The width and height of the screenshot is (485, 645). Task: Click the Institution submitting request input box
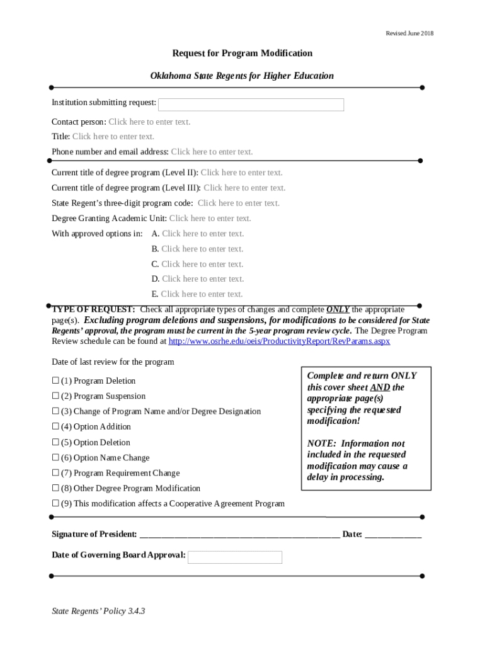251,105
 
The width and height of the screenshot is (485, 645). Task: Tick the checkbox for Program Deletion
55,380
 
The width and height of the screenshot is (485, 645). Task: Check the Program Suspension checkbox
55,396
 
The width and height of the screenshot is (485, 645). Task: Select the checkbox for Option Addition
55,426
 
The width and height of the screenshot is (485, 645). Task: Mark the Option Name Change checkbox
55,458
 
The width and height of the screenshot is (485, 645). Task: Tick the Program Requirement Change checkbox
55,473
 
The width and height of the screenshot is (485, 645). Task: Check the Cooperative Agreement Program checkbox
55,503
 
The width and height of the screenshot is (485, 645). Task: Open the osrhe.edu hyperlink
279,341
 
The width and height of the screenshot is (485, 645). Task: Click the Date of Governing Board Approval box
235,557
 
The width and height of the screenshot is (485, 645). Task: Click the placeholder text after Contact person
149,122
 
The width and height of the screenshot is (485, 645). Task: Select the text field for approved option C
202,264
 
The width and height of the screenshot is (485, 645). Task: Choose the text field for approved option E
202,294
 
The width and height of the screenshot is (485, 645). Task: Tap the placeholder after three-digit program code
238,203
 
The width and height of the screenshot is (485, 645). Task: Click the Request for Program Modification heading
243,54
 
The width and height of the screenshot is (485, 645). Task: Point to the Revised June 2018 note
409,33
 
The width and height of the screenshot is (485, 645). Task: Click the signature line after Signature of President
239,535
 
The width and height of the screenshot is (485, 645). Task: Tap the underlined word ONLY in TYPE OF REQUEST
338,310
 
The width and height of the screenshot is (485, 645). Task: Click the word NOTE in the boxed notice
320,443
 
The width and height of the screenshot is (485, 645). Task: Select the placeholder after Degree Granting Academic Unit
210,219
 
